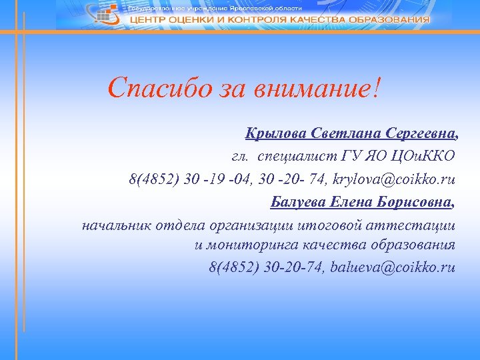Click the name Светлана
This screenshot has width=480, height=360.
tap(339, 134)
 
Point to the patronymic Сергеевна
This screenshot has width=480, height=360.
tap(417, 134)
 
